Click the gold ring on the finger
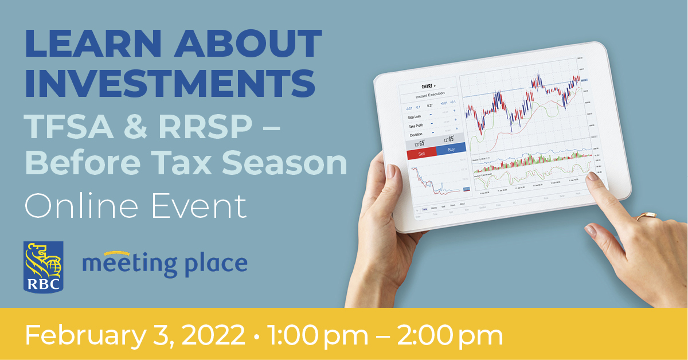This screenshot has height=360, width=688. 646,216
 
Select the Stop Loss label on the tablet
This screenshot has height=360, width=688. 415,117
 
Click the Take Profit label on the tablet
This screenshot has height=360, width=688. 416,126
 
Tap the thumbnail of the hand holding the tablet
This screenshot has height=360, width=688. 391,170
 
